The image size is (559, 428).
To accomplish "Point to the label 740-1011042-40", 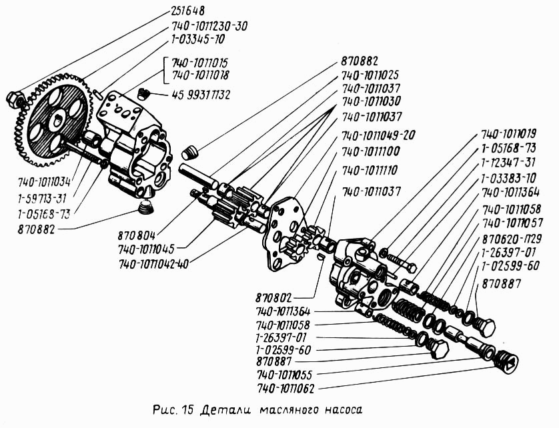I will [153, 264].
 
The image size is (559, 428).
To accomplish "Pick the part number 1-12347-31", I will [506, 163].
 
